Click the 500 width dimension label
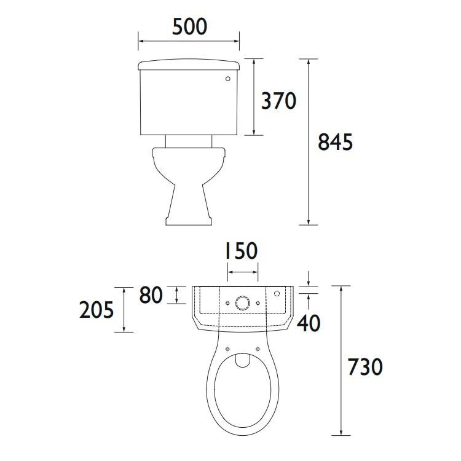189,26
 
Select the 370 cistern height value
278,100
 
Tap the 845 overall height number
335,142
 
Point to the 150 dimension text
240,251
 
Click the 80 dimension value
151,296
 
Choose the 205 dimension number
97,310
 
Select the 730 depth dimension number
364,367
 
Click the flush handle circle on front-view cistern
229,79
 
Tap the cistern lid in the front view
189,64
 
